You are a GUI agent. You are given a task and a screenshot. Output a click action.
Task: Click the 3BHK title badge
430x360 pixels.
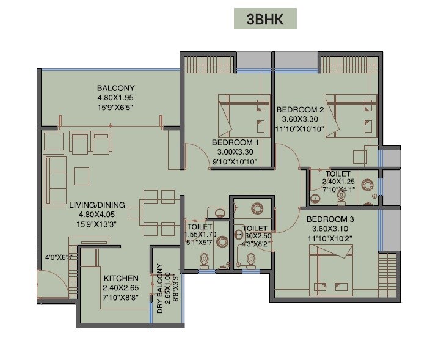tap(265, 19)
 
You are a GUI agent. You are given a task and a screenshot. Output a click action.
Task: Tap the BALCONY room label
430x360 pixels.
tap(116, 88)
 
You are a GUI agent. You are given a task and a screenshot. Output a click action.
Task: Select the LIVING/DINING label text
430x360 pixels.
tap(97, 205)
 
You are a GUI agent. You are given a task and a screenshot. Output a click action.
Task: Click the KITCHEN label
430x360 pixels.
tap(120, 278)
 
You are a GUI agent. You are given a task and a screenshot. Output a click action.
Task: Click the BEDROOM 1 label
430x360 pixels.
tap(236, 142)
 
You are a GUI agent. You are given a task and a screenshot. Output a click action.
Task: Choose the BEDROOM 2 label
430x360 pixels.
tap(300, 110)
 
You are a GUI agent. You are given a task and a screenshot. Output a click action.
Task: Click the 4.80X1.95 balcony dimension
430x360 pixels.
tap(116, 98)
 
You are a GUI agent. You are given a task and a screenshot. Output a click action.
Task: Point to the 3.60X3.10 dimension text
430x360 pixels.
tap(330, 229)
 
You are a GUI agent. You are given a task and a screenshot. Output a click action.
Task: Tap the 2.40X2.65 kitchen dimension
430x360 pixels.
tap(120, 288)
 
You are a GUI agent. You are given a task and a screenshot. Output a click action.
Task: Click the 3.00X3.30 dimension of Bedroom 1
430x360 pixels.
tap(236, 152)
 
